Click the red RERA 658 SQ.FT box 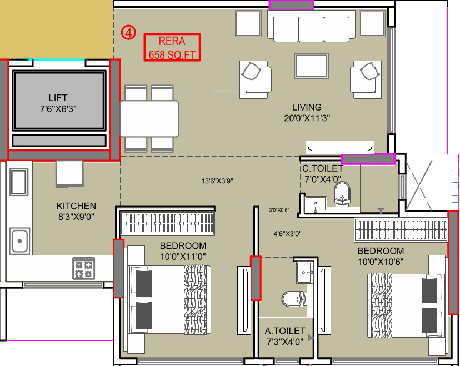point(172,47)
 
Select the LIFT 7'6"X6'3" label point(58,103)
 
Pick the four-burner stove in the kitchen point(84,268)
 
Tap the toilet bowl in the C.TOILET point(343,194)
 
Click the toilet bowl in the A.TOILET point(293,299)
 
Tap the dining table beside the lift point(149,118)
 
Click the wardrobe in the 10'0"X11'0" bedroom point(167,224)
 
